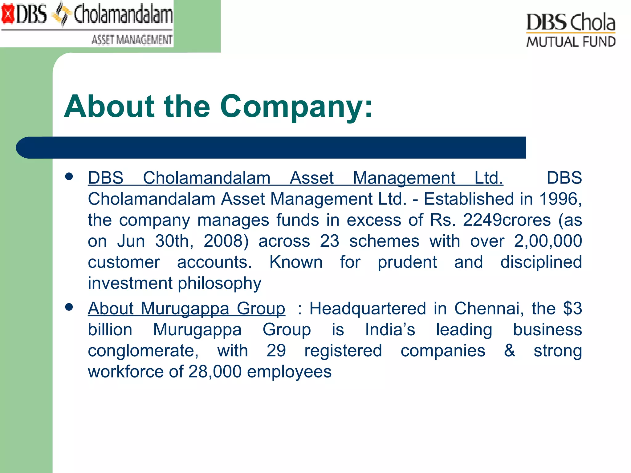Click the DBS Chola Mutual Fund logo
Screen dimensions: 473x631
[571, 30]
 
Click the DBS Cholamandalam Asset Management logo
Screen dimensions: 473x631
[87, 23]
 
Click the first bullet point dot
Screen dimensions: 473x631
[69, 176]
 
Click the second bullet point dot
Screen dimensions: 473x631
[69, 307]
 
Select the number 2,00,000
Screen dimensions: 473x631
[548, 241]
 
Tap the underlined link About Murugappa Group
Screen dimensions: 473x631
[186, 309]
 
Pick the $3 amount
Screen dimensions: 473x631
[572, 309]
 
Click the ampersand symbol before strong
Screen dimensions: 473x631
[510, 350]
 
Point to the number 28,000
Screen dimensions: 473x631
[215, 372]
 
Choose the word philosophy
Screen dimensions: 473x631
[220, 283]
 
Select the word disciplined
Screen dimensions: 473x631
[541, 262]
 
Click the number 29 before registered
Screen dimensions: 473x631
[276, 350]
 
